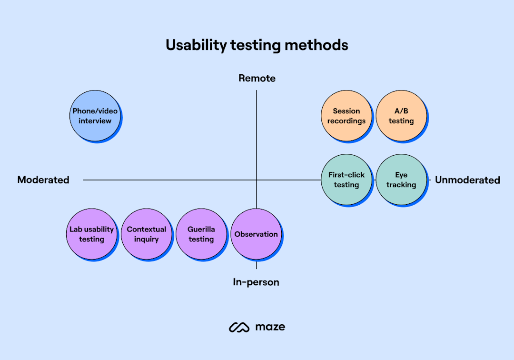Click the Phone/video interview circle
(95, 116)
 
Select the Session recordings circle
(346, 116)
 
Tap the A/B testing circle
(401, 116)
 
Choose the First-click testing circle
(346, 180)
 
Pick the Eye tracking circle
(401, 180)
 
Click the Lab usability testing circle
(91, 234)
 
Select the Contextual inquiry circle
(146, 234)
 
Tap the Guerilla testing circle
(201, 234)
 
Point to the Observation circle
(256, 234)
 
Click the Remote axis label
(257, 78)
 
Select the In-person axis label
(256, 282)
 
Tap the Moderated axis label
(43, 180)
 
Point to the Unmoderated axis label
(467, 180)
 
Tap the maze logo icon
(239, 327)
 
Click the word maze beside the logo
(270, 327)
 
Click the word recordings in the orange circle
(346, 121)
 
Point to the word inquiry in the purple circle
(146, 239)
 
